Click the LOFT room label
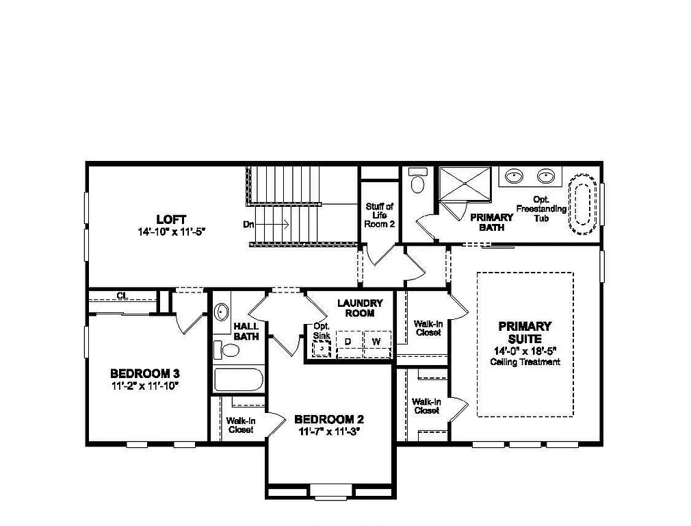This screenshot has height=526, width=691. (x=171, y=219)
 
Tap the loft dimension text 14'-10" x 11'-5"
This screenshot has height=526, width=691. (x=171, y=232)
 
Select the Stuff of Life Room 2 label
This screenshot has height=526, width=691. (x=380, y=215)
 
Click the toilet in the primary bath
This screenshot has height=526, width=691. (x=417, y=181)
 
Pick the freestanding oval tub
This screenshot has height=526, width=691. (x=582, y=203)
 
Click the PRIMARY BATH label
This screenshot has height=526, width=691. (x=491, y=222)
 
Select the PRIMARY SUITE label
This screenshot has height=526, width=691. (x=525, y=333)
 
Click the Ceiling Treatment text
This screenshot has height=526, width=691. (x=525, y=362)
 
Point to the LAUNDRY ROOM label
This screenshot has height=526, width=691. (x=360, y=308)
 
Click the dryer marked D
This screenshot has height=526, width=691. (x=348, y=341)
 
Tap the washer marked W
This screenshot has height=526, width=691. (x=375, y=341)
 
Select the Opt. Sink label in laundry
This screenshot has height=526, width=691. (x=322, y=331)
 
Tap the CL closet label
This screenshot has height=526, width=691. (x=122, y=296)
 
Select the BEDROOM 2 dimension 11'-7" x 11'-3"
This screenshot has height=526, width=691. (x=328, y=432)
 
